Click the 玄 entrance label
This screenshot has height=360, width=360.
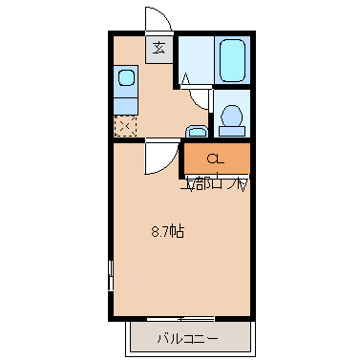tap(159, 48)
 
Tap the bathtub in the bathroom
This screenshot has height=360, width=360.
tap(232, 61)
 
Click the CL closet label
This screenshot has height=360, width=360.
tap(216, 159)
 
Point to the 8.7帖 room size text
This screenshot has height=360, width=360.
tap(168, 231)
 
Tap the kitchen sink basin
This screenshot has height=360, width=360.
tap(125, 78)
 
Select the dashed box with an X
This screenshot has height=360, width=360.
tap(125, 125)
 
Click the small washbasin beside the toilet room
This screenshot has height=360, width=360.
tap(197, 131)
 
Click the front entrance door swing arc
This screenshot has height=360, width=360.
tap(159, 19)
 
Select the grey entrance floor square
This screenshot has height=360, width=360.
tap(159, 48)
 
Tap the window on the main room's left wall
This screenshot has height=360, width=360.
tap(110, 277)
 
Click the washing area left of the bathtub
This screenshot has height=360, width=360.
tap(196, 60)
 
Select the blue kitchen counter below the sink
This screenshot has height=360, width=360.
tap(125, 102)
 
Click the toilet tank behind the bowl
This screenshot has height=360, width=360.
tap(232, 105)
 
